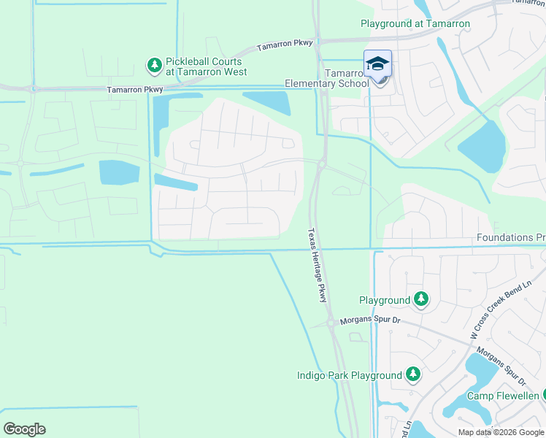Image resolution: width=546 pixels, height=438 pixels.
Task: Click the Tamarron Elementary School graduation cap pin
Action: point(377,64)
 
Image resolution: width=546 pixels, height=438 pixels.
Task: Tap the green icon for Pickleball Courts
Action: point(154,66)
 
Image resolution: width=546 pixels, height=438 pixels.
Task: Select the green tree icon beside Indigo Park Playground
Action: point(412,375)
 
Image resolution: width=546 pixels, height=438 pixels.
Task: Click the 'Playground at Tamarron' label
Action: point(415,24)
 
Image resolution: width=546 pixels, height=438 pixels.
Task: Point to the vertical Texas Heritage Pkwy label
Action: point(316,266)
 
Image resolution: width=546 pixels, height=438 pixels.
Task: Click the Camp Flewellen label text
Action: point(502,396)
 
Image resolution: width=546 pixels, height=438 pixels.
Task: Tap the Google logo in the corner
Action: point(24,429)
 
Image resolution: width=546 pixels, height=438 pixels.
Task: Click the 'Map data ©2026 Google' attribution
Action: point(501,432)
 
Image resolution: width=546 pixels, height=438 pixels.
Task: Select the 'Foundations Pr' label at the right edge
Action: point(510,238)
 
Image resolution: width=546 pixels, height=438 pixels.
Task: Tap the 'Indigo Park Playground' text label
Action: point(349,376)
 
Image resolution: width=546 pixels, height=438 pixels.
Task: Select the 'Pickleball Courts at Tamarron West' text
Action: point(206,67)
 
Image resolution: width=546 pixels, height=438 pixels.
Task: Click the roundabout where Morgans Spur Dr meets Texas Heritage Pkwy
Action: point(330,322)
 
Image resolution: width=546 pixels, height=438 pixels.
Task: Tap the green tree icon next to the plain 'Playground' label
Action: point(421,299)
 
